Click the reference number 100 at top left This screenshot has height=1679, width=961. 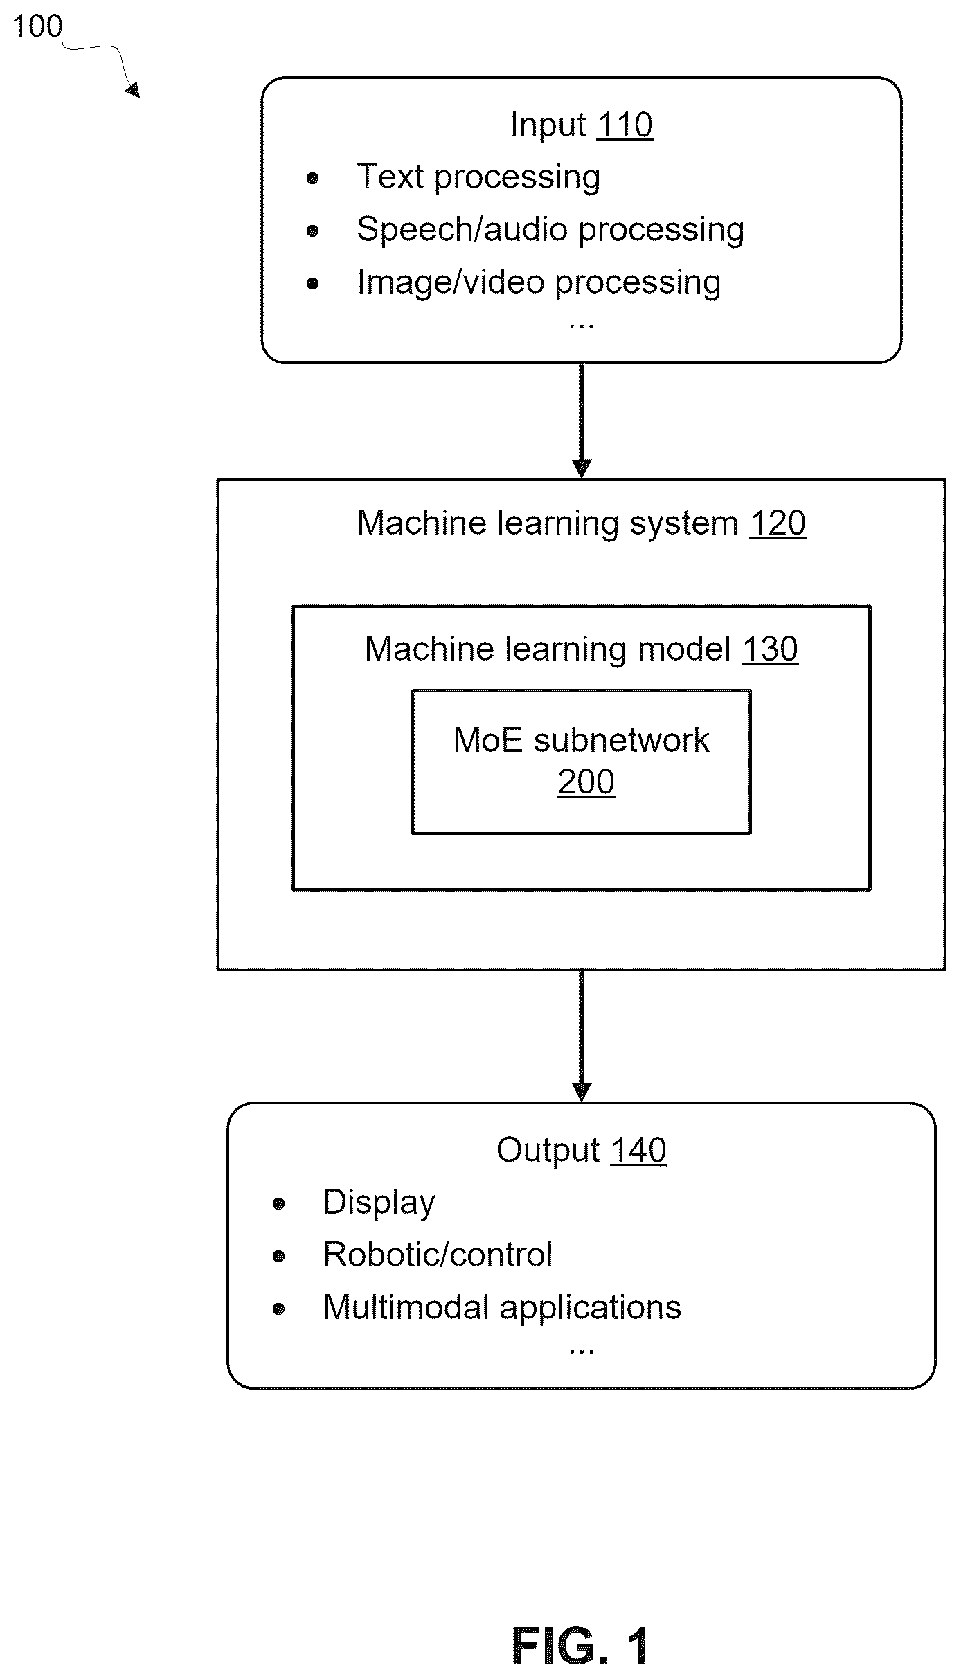coord(37,26)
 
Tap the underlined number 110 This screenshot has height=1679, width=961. coord(625,125)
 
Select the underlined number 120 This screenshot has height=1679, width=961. coord(778,523)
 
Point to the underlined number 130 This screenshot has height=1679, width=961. coord(770,649)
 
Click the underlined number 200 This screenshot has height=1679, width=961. coord(586,782)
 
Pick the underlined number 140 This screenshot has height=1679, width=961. coord(638,1151)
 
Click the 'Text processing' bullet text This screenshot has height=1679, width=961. coord(478,177)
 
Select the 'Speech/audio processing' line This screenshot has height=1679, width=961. coord(550,230)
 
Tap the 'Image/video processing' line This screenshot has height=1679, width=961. coord(539,282)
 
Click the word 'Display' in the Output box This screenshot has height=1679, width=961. coord(379,1203)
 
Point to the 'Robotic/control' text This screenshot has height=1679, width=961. coord(438,1255)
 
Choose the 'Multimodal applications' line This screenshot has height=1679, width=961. coord(502,1308)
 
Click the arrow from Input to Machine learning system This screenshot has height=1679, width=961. coord(582,421)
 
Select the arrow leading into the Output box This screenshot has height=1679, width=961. coord(582,1036)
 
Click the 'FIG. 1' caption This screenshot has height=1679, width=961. coord(581,1646)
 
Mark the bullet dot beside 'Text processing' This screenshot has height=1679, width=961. coord(313,179)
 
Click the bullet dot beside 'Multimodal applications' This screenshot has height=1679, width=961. coord(279,1309)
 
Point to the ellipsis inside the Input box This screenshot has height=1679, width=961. coord(581,325)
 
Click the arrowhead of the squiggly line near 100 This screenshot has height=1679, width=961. coord(132,90)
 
